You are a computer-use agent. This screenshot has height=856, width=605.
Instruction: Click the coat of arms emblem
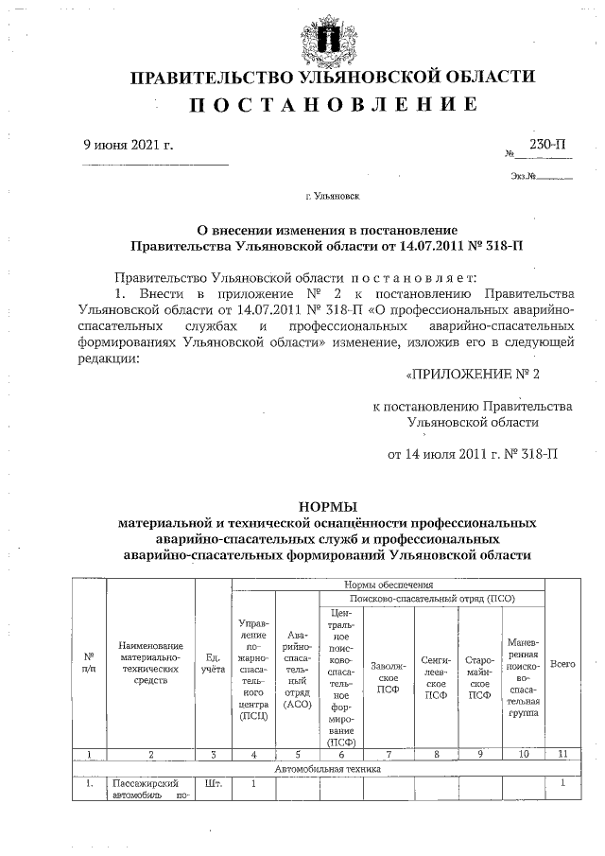click(328, 37)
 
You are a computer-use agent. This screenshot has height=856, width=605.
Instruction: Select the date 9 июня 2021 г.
click(129, 145)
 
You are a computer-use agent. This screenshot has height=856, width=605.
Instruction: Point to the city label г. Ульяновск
click(332, 198)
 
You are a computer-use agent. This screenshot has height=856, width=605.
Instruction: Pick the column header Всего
click(562, 665)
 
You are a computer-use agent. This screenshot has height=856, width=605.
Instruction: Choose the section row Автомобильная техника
click(327, 769)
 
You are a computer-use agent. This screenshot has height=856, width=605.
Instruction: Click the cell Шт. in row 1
click(213, 783)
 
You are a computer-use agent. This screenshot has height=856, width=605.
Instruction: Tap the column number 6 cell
click(342, 754)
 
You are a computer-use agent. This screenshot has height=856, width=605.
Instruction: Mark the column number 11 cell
click(562, 754)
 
